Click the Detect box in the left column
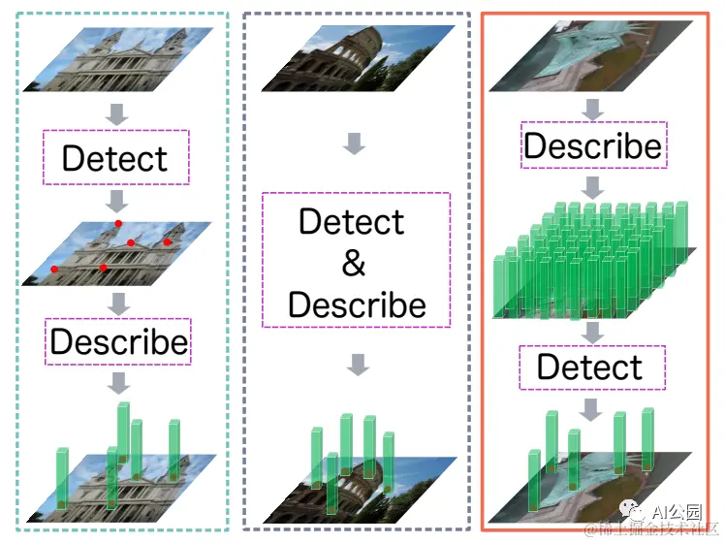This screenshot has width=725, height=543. (116, 158)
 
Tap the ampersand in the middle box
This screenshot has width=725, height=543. (355, 263)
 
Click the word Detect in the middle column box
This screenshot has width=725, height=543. (351, 222)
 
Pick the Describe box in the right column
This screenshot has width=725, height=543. (592, 145)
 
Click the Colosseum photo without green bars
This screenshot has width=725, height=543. (358, 59)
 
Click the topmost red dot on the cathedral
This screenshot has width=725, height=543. (118, 225)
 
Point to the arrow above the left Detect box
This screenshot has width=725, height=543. (117, 114)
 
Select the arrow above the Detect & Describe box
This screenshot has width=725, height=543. (356, 144)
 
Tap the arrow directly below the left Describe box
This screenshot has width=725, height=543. (118, 383)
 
